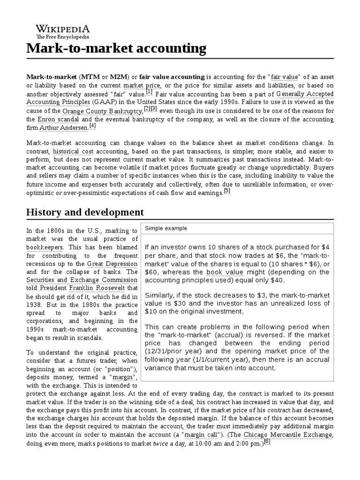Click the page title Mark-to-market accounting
click(x=116, y=48)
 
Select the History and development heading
click(x=85, y=212)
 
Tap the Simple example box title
click(x=165, y=228)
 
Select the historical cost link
click(x=73, y=151)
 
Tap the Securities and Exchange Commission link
click(x=82, y=280)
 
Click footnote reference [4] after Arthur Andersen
click(x=92, y=126)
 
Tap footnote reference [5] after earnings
click(x=227, y=191)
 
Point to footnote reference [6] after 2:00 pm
click(x=267, y=441)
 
